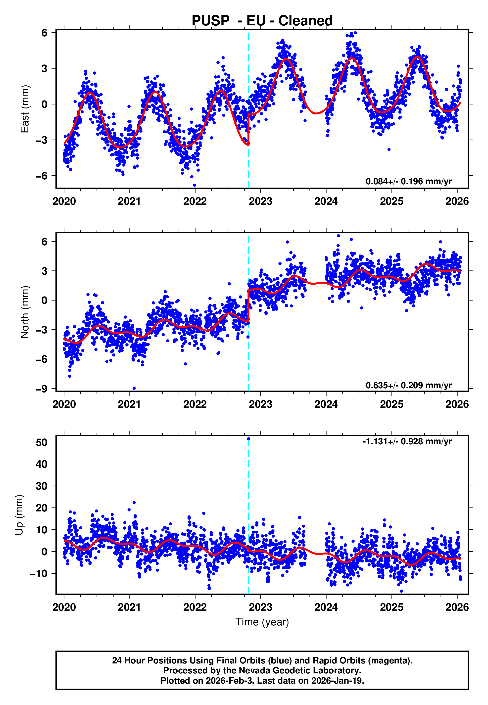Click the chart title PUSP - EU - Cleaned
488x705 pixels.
coord(262,21)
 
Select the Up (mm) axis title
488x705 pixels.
coord(19,515)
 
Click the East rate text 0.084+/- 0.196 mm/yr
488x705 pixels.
coord(408,181)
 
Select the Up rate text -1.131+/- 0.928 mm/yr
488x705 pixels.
coord(407,442)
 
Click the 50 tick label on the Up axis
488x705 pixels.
coord(41,442)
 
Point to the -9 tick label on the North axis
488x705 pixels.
coord(41,389)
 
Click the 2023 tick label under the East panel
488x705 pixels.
coord(260,201)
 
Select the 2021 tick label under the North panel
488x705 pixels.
coord(129,404)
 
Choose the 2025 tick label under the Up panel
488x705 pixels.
coord(391,607)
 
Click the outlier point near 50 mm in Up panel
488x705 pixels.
coord(248,439)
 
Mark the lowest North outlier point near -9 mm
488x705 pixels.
coord(134,388)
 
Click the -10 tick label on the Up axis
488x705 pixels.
coord(38,574)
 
